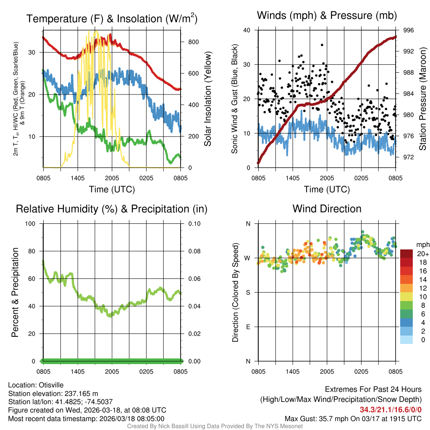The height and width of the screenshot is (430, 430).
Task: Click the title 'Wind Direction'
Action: point(327,209)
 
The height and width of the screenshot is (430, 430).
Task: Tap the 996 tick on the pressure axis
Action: point(409,30)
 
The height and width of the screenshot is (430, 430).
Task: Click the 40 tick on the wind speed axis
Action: point(247,30)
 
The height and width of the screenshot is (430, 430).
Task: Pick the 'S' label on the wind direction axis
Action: point(248,292)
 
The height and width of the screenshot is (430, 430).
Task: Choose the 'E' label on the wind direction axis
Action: point(248,327)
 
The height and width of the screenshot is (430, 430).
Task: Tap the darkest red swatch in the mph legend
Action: point(406,254)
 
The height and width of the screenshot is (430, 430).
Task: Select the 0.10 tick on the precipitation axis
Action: point(194,223)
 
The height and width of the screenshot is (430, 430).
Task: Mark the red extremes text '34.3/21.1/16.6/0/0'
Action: point(391,409)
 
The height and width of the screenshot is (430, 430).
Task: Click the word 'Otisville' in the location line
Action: point(52,385)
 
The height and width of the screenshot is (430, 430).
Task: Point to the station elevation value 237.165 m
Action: point(81,393)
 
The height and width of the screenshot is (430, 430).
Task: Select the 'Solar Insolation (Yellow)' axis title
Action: point(207,99)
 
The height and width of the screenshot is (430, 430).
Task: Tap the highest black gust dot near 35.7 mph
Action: point(322,45)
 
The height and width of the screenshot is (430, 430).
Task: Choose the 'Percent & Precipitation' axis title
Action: point(15,292)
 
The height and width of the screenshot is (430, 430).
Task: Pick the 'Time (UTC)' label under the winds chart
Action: point(327,189)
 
